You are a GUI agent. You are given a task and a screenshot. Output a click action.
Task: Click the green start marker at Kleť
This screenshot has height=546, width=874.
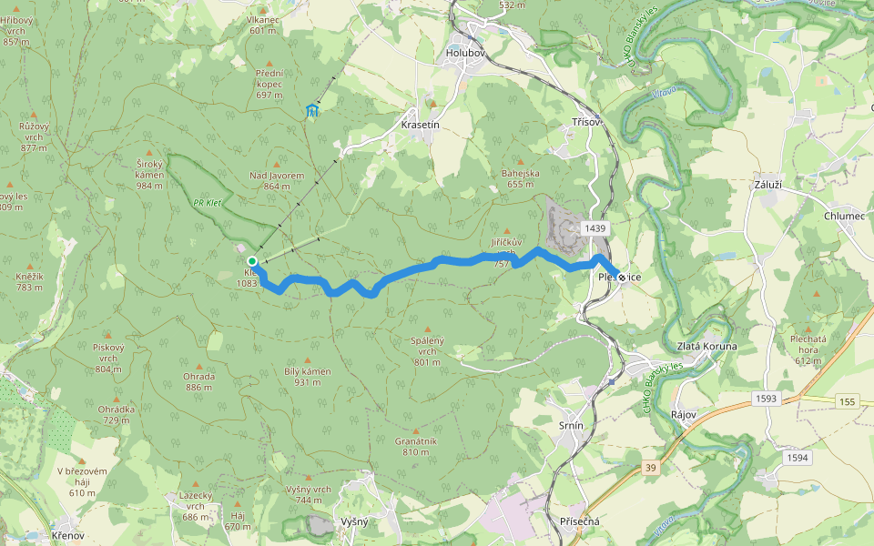click(252, 261)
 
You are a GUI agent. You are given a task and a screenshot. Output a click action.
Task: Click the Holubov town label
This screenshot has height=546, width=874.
click(468, 54)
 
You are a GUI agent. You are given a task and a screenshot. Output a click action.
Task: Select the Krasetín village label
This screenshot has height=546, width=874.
click(421, 125)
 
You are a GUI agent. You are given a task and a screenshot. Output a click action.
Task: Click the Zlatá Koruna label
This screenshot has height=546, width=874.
click(707, 347)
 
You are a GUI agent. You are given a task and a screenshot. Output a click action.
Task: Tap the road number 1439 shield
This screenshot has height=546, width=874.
click(596, 227)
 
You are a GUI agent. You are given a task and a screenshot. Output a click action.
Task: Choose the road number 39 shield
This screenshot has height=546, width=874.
click(649, 467)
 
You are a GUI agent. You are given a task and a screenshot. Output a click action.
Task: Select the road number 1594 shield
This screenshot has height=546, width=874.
click(797, 458)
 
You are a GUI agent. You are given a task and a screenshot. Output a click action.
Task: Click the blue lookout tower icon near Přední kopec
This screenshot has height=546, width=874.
click(312, 111)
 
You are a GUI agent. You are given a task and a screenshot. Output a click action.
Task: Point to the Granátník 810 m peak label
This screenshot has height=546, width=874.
click(416, 446)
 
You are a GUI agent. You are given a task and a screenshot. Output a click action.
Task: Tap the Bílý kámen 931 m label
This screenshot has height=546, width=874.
click(308, 377)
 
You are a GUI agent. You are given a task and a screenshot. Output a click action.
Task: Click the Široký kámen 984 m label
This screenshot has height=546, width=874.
click(148, 174)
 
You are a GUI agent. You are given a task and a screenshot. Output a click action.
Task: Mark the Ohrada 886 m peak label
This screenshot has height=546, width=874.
click(198, 381)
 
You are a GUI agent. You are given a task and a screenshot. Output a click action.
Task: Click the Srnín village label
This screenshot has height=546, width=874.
click(570, 425)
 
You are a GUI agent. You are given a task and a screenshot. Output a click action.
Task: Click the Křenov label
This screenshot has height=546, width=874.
click(68, 536)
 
